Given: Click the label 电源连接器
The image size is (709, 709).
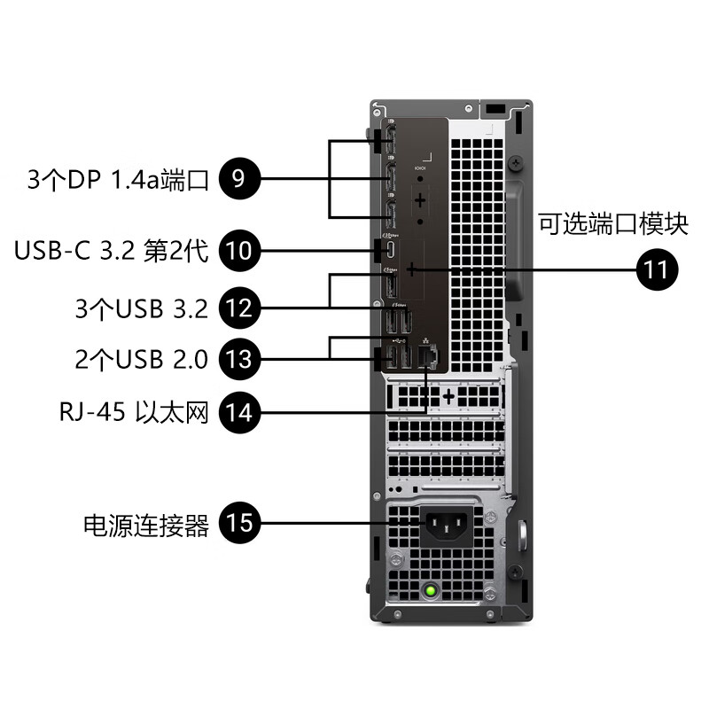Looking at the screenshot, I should pyautogui.click(x=146, y=525).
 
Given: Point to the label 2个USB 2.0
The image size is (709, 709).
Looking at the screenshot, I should pyautogui.click(x=142, y=360).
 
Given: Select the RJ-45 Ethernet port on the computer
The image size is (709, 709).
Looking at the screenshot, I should pyautogui.click(x=428, y=356).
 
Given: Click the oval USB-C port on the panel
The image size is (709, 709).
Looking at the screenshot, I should pyautogui.click(x=390, y=251).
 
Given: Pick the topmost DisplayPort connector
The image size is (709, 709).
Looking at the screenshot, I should pyautogui.click(x=390, y=143).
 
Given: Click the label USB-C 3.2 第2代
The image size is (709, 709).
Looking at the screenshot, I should pyautogui.click(x=111, y=251).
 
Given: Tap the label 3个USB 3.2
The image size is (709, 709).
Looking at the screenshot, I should pyautogui.click(x=142, y=309).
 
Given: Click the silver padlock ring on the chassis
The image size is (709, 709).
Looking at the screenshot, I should pyautogui.click(x=521, y=535).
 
